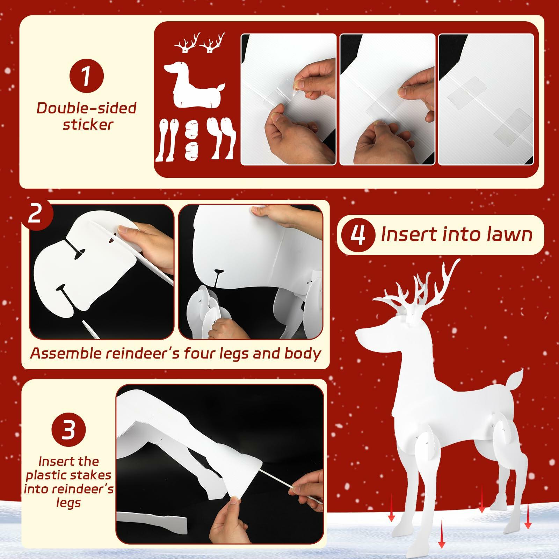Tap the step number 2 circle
click(x=36, y=214)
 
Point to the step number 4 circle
click(x=358, y=235)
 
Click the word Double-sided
click(x=86, y=108)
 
